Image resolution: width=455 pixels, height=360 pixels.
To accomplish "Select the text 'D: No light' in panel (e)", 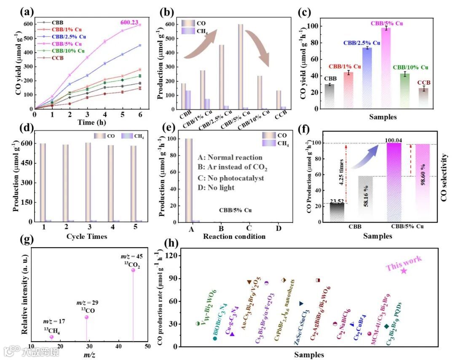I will [x=217, y=187].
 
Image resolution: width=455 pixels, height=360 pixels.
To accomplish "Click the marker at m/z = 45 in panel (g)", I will [x=133, y=270].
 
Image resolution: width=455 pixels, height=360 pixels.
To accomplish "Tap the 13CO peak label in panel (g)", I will [x=86, y=310].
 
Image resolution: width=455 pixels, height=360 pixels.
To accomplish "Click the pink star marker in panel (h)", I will [x=404, y=271].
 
